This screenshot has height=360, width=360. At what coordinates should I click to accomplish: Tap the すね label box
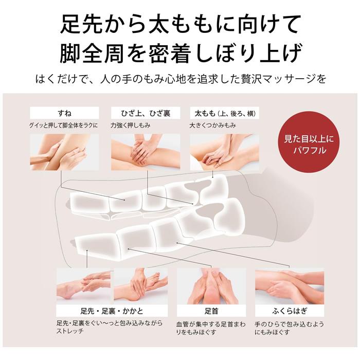(x=64, y=113)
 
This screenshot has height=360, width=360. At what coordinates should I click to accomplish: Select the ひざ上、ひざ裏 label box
(x=146, y=113)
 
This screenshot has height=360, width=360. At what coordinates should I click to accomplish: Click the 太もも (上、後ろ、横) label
(x=225, y=113)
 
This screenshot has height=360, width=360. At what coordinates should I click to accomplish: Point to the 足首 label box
(x=211, y=311)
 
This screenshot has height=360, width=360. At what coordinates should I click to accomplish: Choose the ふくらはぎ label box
(x=290, y=311)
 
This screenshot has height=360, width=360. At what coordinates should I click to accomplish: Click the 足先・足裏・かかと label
(x=112, y=311)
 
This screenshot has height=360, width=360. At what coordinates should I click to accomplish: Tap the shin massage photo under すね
(x=64, y=152)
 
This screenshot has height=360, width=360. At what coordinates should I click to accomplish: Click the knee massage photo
(x=146, y=152)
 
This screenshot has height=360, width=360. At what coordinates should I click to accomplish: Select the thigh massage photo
(x=225, y=152)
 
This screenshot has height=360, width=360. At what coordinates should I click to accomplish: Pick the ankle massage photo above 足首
(x=211, y=286)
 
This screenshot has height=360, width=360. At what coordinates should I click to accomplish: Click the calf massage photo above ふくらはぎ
(x=290, y=286)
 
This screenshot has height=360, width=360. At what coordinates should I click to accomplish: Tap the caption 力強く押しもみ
(x=131, y=125)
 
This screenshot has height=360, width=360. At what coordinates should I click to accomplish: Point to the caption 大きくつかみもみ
(x=212, y=125)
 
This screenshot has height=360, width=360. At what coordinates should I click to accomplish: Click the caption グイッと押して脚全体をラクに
(x=63, y=125)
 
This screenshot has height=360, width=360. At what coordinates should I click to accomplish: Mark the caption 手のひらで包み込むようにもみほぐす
(x=289, y=328)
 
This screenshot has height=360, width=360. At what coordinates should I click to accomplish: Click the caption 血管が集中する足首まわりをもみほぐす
(x=211, y=328)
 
